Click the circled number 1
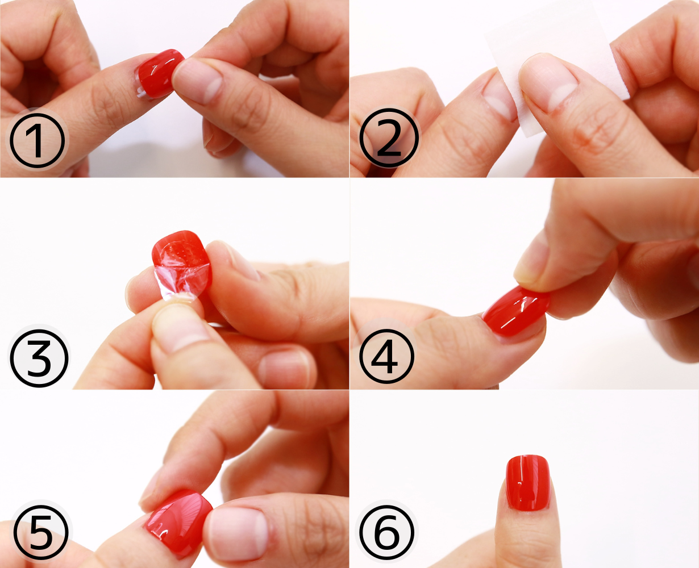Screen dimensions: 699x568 [x=37, y=141]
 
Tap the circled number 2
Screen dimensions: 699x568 [x=389, y=137]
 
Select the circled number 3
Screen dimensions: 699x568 [x=39, y=358]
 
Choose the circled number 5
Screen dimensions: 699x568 [x=41, y=532]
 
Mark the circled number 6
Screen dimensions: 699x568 [x=386, y=532]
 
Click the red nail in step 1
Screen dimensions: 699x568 [x=160, y=73]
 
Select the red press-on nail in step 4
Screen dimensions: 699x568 [x=515, y=310]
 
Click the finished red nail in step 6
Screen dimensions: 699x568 [x=528, y=483]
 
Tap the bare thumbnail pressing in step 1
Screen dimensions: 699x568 [x=197, y=80]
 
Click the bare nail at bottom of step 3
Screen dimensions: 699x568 [x=284, y=369]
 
